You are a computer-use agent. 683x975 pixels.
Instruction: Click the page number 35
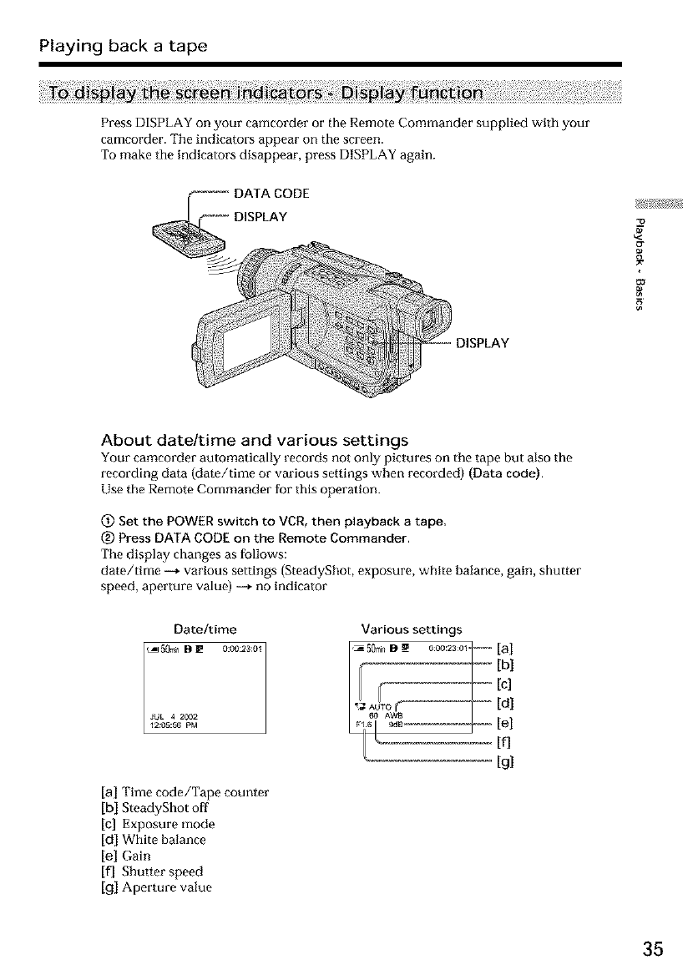pos(653,949)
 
